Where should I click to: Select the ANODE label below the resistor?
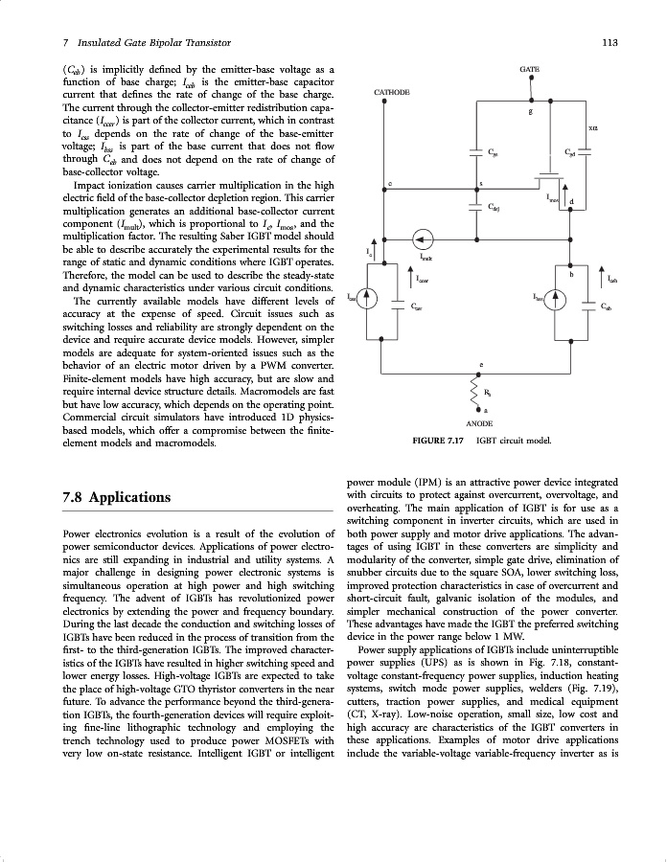pos(479,421)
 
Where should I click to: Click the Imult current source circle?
pos(421,238)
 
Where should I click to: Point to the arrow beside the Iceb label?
pos(601,276)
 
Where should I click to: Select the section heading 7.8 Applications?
pos(116,497)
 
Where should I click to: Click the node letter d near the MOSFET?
pos(571,201)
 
